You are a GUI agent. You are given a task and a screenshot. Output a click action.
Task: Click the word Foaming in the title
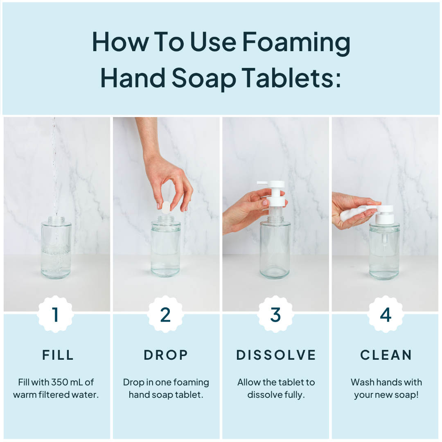click(296, 43)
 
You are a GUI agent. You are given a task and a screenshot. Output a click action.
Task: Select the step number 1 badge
click(56, 314)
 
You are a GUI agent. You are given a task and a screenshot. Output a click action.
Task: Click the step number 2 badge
click(165, 314)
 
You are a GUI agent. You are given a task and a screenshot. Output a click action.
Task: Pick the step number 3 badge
click(275, 314)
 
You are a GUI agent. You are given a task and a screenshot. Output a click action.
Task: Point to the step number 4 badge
click(386, 314)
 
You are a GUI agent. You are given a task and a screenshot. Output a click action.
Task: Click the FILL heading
click(58, 355)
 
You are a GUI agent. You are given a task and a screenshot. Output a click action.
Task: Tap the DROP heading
click(166, 355)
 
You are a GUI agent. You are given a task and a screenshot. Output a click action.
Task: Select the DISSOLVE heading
click(276, 355)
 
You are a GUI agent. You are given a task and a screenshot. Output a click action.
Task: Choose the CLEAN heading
click(386, 355)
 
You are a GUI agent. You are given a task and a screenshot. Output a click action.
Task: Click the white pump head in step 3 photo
click(271, 192)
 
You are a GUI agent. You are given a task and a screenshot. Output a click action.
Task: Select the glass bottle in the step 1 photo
click(56, 250)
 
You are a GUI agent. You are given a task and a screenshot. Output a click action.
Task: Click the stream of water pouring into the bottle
click(54, 164)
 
